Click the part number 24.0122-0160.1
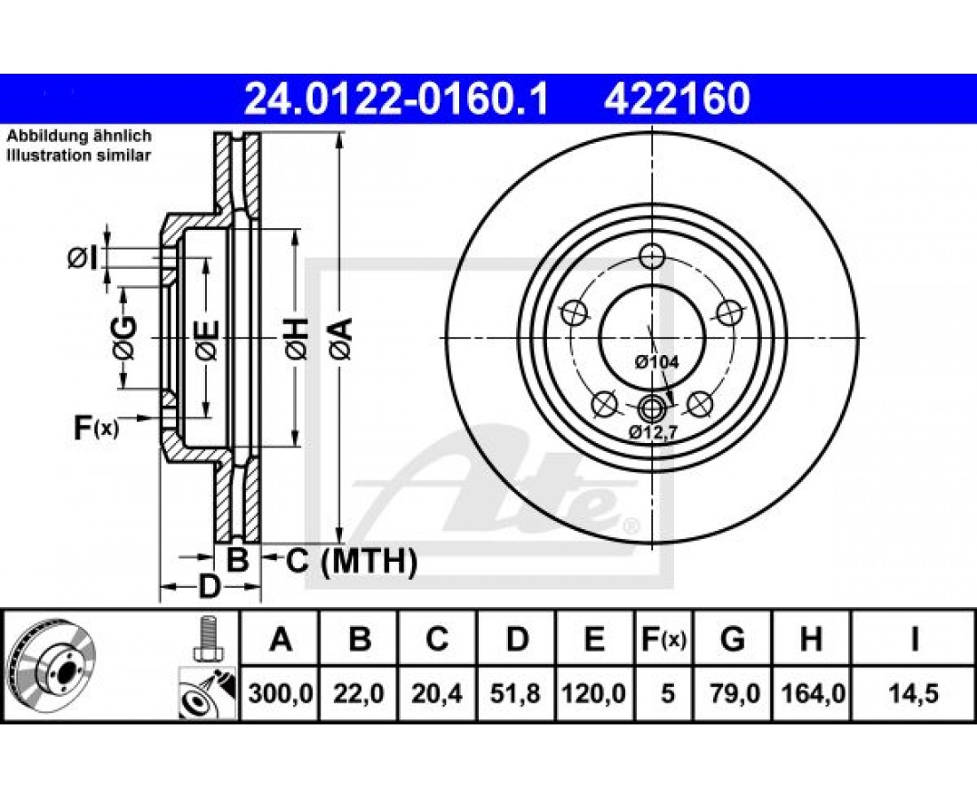point(396,99)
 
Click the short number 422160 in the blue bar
point(677,99)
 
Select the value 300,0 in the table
point(281,693)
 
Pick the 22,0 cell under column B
point(358,693)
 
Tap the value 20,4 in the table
point(437,693)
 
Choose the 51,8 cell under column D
point(514,693)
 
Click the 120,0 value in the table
point(593,693)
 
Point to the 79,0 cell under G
point(734,693)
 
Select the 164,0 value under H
point(811,693)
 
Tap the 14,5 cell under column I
point(913,693)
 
